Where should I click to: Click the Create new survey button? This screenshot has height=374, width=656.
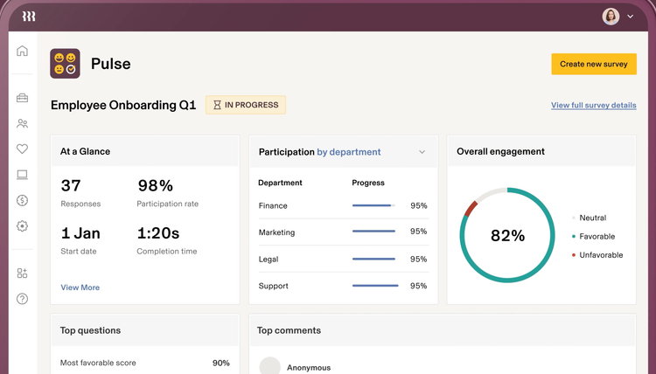tap(593, 64)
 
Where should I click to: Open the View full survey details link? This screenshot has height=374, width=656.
tap(593, 106)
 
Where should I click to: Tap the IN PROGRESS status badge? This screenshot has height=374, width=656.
tap(246, 105)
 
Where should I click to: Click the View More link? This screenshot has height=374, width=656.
tap(80, 287)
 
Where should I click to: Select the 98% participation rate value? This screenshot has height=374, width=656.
tap(156, 185)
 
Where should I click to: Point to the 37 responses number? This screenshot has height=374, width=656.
tap(71, 185)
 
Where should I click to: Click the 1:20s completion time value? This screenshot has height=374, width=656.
tap(158, 233)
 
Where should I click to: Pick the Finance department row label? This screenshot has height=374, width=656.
tap(273, 206)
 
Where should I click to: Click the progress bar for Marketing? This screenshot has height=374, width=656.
tap(374, 232)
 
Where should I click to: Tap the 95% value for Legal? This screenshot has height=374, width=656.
tap(418, 260)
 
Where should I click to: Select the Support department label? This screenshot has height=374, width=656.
tap(273, 286)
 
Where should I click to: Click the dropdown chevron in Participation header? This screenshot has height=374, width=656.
tap(422, 152)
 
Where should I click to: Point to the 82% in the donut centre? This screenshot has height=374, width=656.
tap(507, 236)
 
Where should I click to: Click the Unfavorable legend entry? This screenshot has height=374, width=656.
tap(600, 255)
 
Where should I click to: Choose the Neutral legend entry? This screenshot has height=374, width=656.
tap(592, 218)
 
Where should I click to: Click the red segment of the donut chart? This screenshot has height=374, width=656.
tap(471, 209)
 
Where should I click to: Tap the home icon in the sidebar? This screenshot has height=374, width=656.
tap(23, 51)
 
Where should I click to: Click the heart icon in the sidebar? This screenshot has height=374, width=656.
tap(23, 149)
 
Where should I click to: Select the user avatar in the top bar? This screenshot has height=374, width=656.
tap(611, 17)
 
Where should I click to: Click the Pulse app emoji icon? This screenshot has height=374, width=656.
tap(65, 64)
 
